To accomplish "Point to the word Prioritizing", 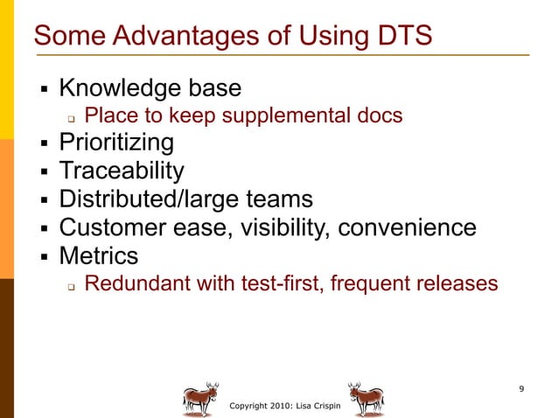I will coord(116,142).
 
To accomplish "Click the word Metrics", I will coord(99,256).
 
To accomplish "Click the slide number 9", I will coord(521,388).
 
